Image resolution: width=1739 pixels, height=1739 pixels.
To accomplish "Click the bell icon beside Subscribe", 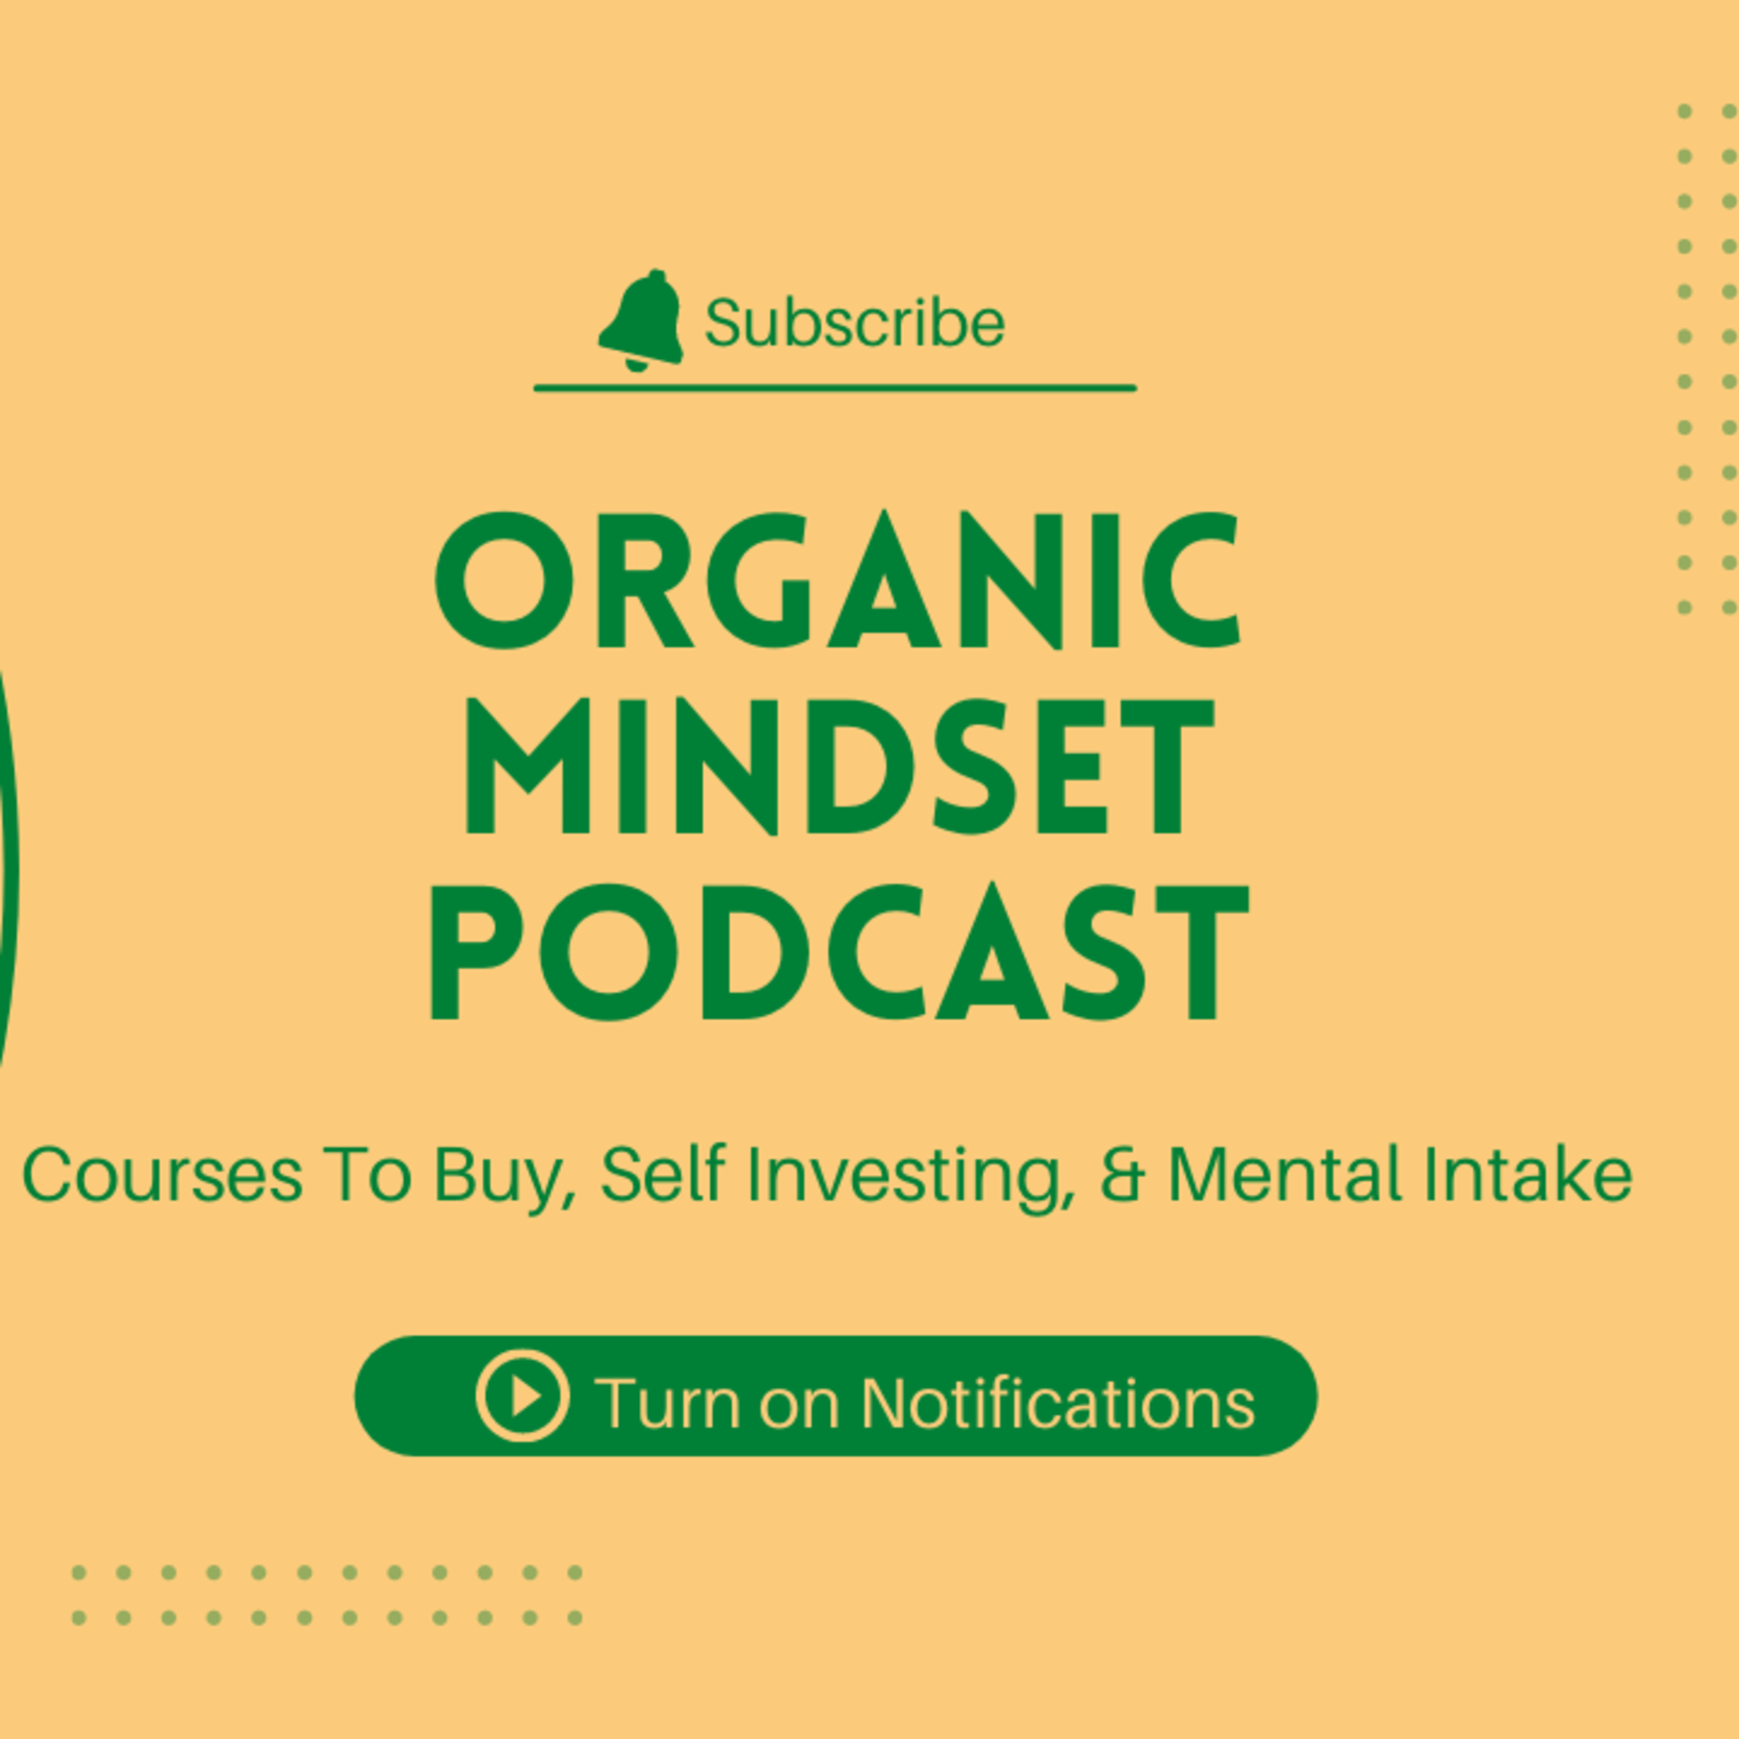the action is click(x=640, y=321).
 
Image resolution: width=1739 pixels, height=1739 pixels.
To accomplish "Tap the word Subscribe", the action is click(x=854, y=322).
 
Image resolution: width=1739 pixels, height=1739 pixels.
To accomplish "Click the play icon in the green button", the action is click(x=523, y=1396).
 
